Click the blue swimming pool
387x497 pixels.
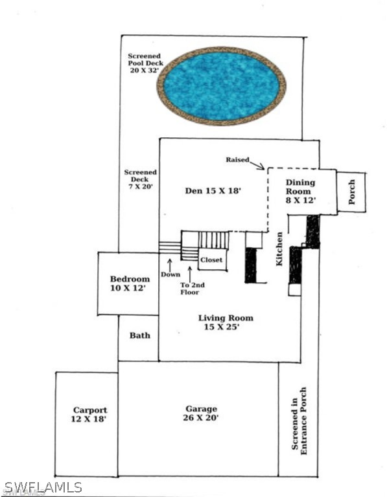[221, 86]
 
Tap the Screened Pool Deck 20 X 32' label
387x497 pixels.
[145, 63]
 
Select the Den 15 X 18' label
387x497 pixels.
[213, 190]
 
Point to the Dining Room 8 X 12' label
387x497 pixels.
[300, 191]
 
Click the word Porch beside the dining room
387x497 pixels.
[351, 192]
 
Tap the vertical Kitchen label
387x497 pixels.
[279, 248]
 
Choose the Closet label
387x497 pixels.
[211, 260]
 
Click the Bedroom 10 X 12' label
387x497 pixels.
[130, 283]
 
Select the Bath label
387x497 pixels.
[139, 335]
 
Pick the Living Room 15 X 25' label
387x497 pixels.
[226, 322]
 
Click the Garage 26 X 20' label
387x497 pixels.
[201, 413]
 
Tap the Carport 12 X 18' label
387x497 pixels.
[89, 414]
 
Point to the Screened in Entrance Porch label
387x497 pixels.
[299, 421]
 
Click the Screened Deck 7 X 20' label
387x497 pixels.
[140, 179]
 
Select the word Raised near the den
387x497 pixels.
[237, 160]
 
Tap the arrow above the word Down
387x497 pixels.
[170, 264]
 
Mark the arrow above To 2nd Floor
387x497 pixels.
[190, 274]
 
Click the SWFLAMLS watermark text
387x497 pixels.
[43, 487]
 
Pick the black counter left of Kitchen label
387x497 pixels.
[250, 265]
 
